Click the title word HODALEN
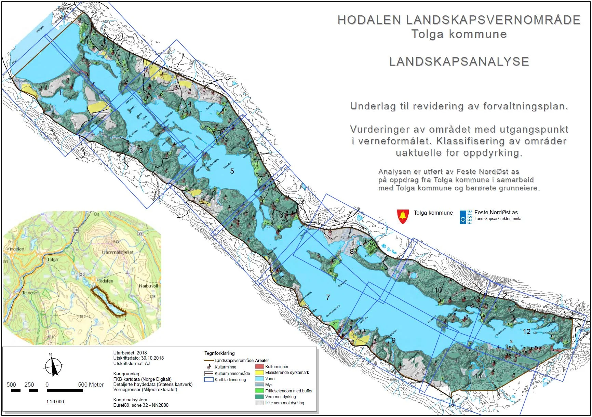point(369,20)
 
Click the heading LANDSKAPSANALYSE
point(459,62)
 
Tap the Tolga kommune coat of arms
point(403,216)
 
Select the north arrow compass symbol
point(53,366)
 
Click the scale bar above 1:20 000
point(47,390)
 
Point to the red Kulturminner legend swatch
point(259,366)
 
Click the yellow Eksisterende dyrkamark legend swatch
point(259,373)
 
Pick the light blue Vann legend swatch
point(259,379)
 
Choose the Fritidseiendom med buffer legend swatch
point(259,391)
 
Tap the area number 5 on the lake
point(232,171)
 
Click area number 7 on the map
point(328,297)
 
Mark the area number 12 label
point(526,332)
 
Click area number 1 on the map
point(60,93)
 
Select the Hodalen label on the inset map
point(105,281)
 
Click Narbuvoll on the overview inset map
point(148,286)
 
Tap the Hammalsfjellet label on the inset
point(117,252)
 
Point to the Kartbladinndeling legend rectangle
point(208,379)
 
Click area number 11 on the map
point(478,376)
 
